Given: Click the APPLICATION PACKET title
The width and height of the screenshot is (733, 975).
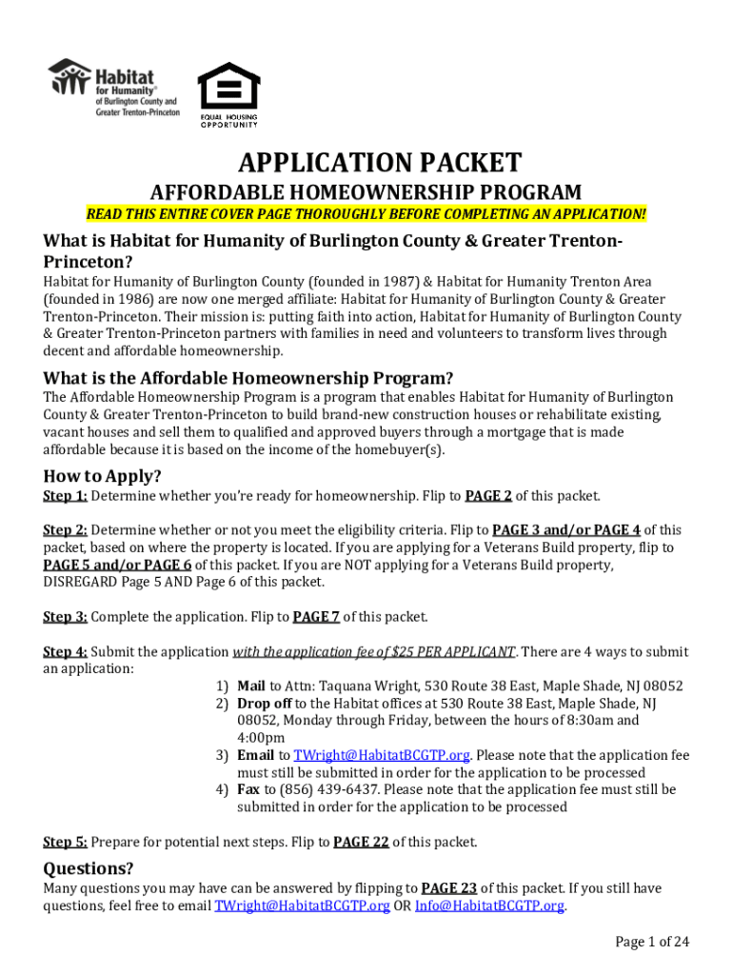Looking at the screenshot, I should [x=366, y=162].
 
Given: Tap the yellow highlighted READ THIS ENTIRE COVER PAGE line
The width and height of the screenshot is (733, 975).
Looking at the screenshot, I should [x=366, y=214].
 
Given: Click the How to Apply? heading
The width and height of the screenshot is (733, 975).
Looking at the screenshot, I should [x=102, y=475].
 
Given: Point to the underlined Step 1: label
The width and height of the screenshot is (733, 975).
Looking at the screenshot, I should [x=65, y=496].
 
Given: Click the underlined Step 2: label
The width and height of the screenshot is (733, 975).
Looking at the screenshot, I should [x=65, y=530].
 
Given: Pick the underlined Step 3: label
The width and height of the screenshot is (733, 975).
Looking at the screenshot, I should [x=65, y=617].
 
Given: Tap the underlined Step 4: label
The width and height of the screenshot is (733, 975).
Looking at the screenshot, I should [x=65, y=652].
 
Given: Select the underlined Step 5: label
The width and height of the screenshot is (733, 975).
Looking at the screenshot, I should [x=65, y=842].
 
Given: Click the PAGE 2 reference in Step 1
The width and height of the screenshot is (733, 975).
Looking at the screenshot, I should [x=488, y=496].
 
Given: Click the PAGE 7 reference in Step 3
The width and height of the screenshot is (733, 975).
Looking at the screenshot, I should [x=316, y=617].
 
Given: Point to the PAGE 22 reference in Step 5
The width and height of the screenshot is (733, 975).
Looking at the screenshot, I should [x=362, y=842].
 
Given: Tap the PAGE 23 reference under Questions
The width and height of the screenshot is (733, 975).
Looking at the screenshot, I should [x=451, y=888].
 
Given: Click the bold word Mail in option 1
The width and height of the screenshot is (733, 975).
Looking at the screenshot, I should [x=251, y=686].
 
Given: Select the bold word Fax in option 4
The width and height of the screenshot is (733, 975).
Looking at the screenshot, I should [x=248, y=789].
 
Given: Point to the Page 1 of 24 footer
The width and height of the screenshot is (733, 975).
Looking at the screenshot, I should [x=652, y=943].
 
